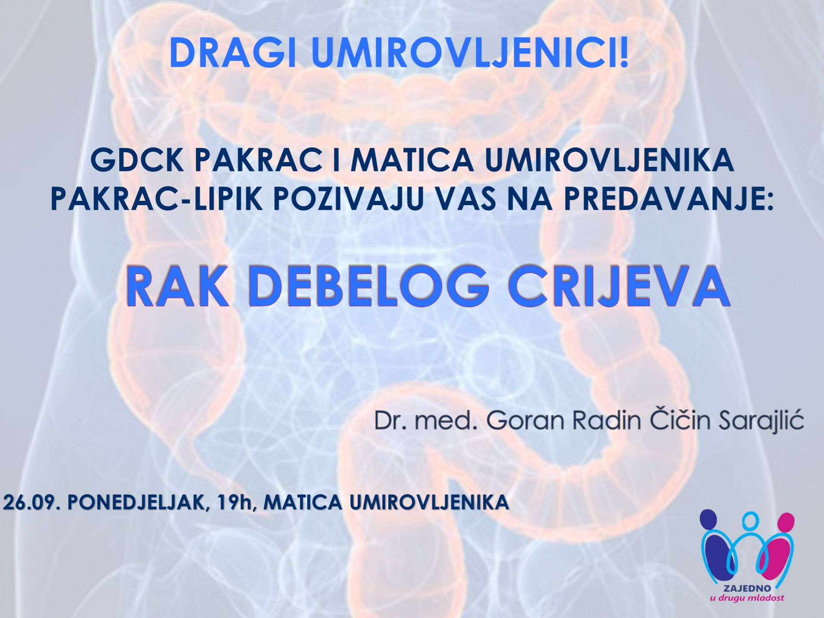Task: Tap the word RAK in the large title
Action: [x=177, y=287]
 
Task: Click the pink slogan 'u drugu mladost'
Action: [x=747, y=598]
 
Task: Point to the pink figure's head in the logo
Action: [x=785, y=521]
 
